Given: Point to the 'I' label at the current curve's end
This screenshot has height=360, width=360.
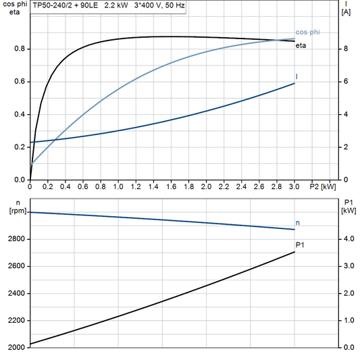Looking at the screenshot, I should point(297,77).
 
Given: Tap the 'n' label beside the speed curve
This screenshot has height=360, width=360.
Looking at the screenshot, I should point(297,222).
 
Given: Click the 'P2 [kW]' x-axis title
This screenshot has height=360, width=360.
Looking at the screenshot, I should point(322,186).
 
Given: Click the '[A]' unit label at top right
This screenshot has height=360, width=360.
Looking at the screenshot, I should point(346,12).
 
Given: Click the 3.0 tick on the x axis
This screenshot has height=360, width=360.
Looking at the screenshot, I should point(294,186).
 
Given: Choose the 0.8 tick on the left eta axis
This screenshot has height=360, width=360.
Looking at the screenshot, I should point(20,49).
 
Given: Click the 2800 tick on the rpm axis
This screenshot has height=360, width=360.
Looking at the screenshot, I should point(16,239).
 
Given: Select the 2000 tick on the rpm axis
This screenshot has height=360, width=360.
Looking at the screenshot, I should point(16,347).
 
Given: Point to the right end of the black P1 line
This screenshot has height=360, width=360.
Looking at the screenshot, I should point(294,252).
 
